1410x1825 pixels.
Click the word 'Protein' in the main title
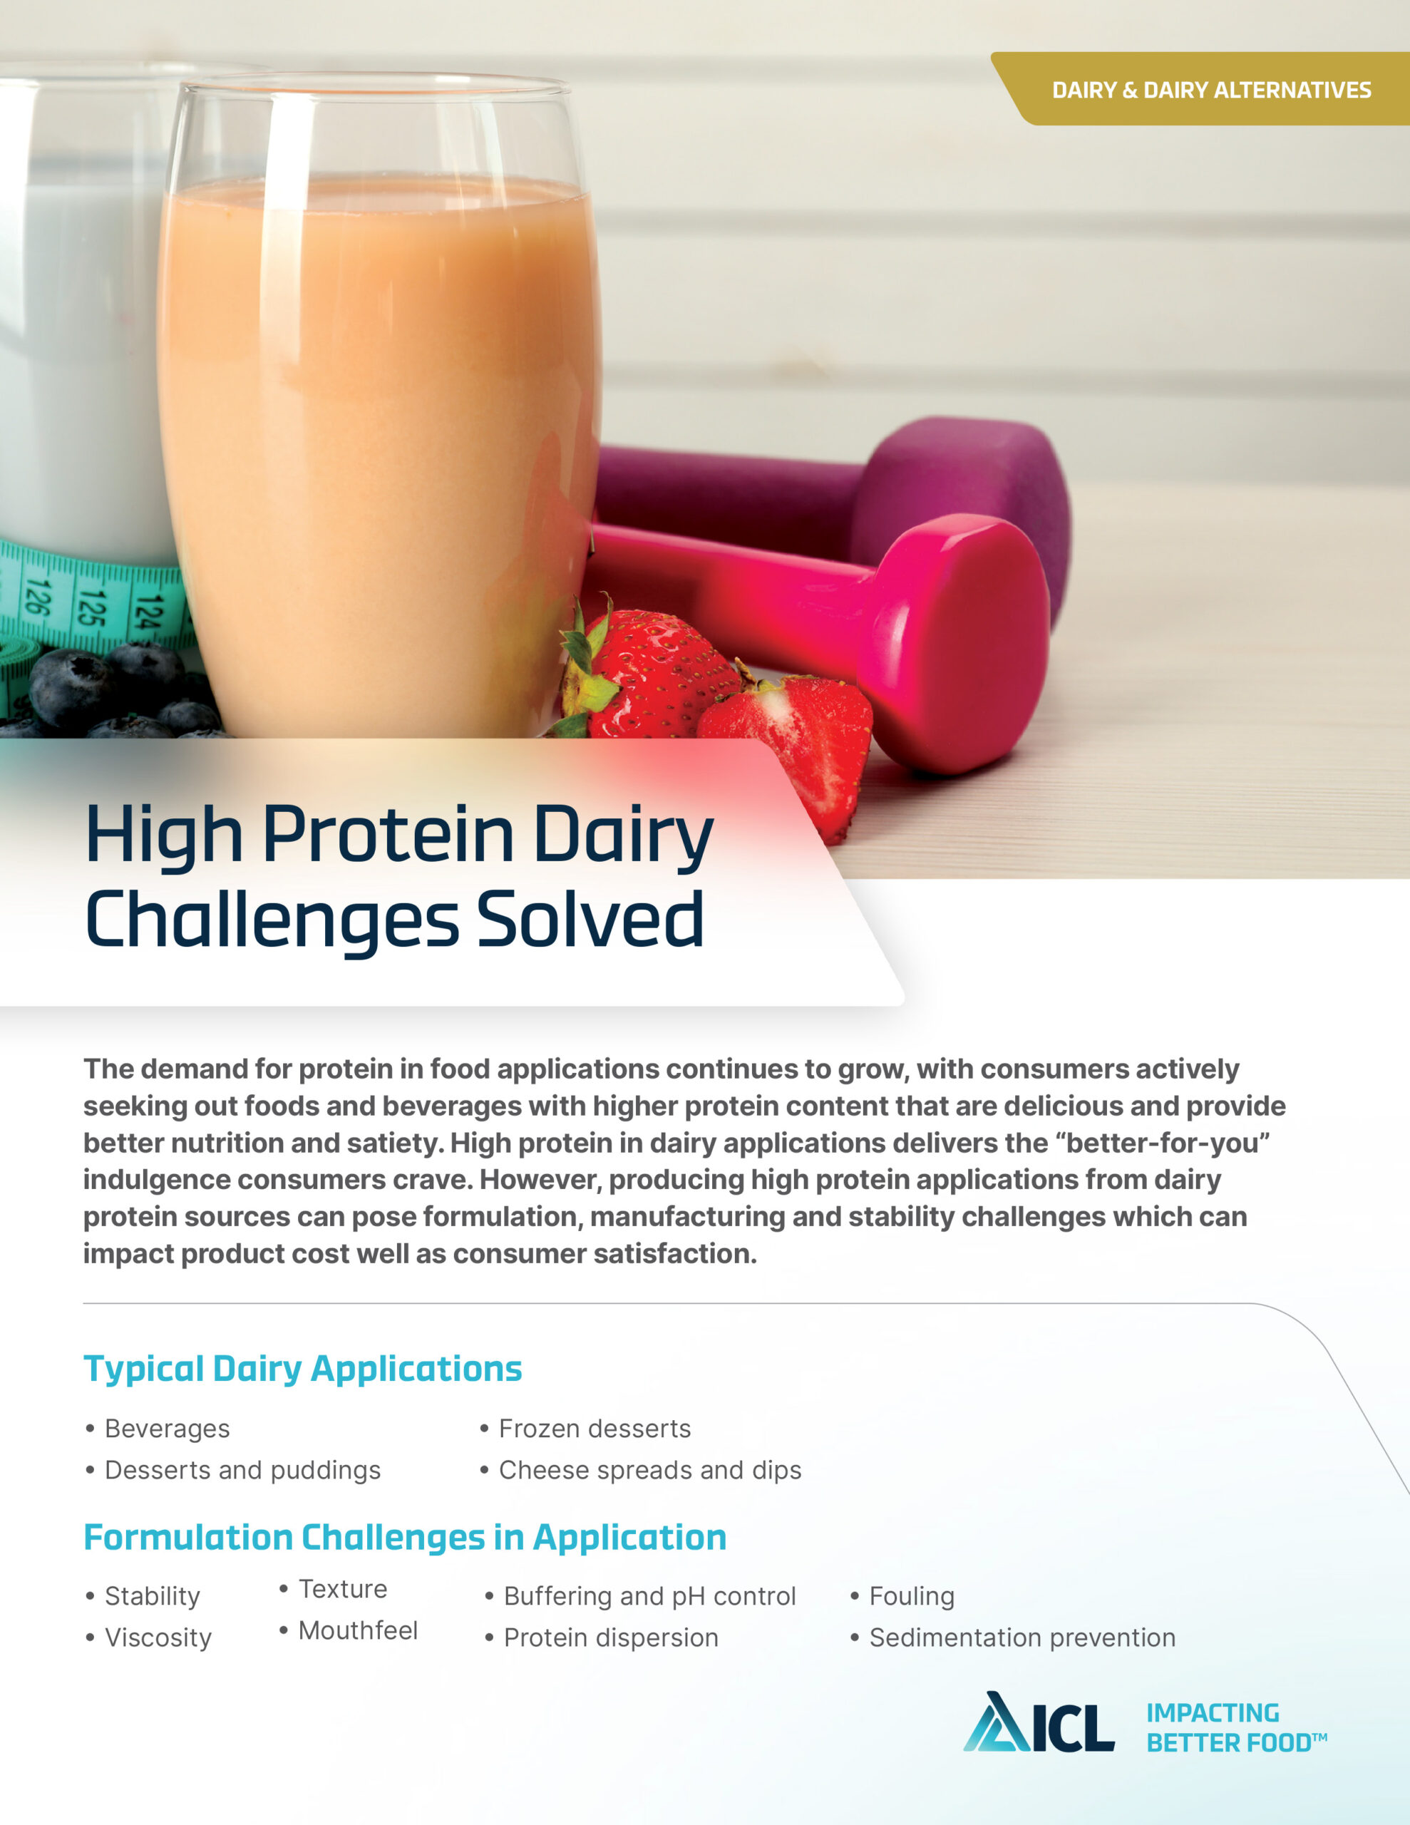[x=388, y=836]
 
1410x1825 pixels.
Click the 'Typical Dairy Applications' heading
[x=302, y=1369]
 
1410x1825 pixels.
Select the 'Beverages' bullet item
[x=166, y=1429]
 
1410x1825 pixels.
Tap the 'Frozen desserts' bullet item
[x=595, y=1429]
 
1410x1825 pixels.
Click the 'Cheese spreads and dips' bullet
[x=649, y=1470]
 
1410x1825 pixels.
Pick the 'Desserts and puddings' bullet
[x=242, y=1470]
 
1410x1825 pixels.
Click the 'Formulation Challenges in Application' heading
[x=404, y=1538]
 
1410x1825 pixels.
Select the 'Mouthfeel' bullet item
[x=358, y=1630]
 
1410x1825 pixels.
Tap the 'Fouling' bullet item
[x=911, y=1596]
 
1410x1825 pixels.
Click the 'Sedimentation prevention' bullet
[x=1022, y=1637]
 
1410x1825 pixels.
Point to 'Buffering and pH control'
[x=649, y=1596]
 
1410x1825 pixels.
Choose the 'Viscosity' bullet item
[x=158, y=1638]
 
